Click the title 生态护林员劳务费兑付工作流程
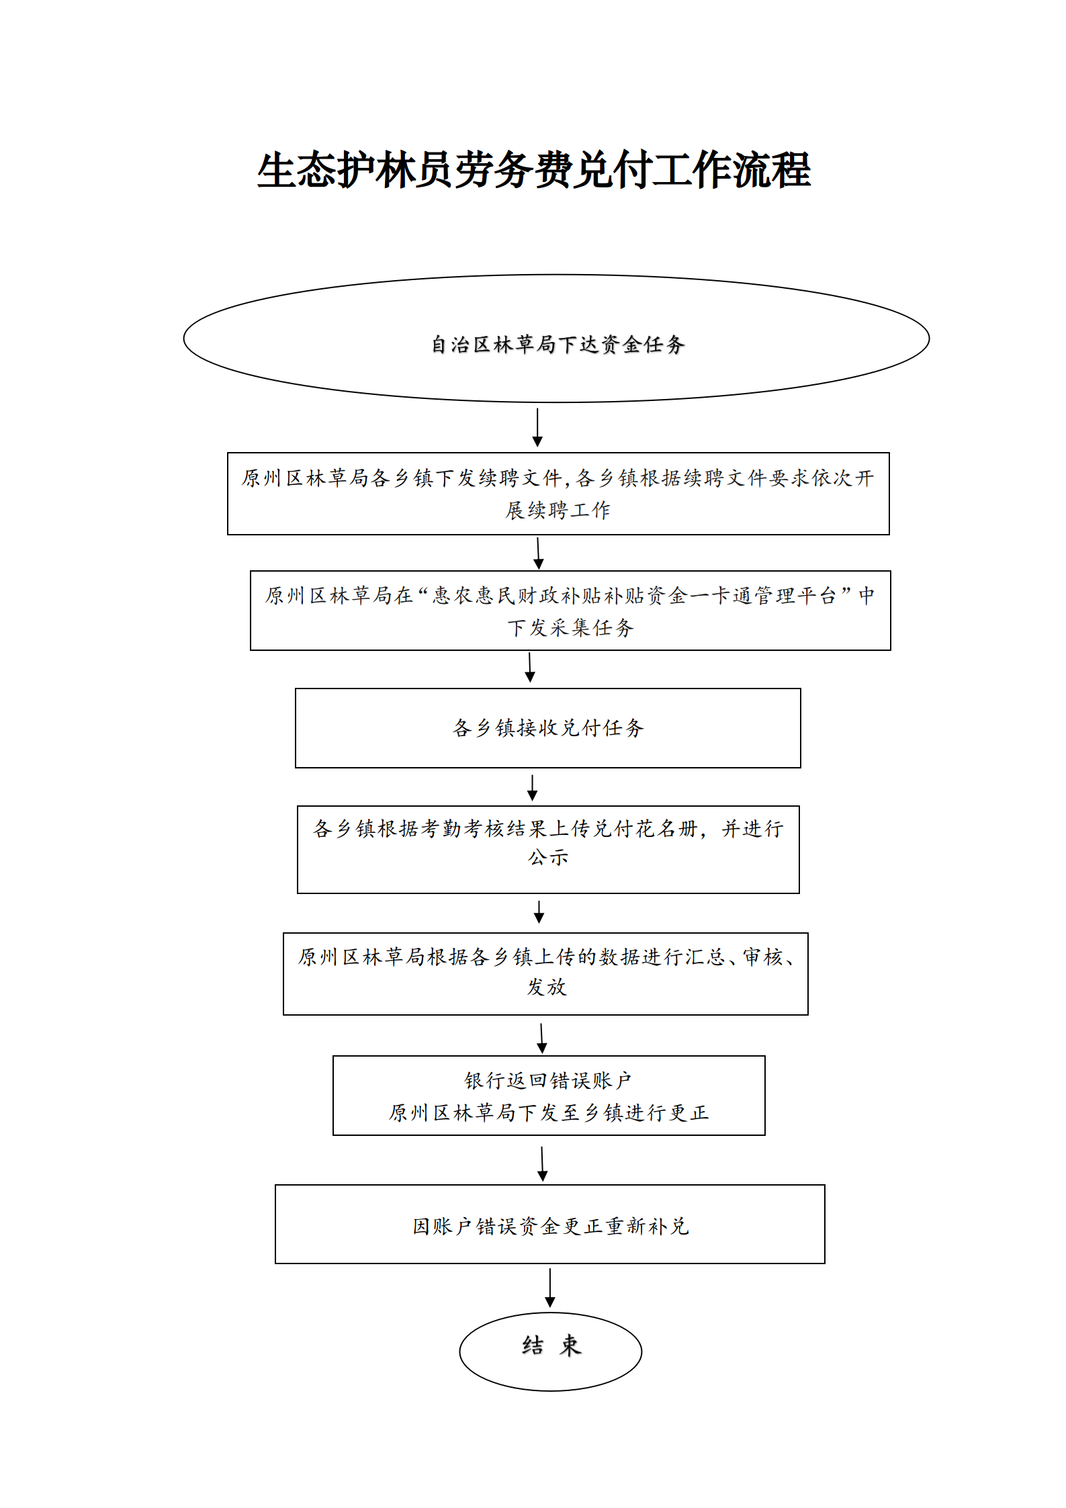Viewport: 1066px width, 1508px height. [x=534, y=170]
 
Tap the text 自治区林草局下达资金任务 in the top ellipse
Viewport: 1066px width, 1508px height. [x=558, y=345]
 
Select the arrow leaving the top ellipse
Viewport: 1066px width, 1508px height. [x=537, y=427]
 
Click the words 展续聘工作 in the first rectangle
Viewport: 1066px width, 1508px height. [x=558, y=510]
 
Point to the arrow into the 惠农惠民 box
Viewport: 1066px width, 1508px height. [x=538, y=553]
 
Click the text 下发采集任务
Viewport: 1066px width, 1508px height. [x=570, y=627]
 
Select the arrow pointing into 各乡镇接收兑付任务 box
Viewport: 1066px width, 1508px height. [x=530, y=668]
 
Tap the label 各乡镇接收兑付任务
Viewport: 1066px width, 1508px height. [x=548, y=727]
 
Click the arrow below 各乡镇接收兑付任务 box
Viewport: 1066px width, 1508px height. [x=532, y=788]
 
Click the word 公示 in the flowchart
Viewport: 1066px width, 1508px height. [x=548, y=858]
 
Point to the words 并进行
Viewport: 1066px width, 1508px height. [x=752, y=829]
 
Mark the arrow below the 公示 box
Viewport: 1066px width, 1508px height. [x=539, y=912]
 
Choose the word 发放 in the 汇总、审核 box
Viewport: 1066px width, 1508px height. [x=546, y=987]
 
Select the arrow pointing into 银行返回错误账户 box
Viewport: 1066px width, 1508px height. [x=542, y=1039]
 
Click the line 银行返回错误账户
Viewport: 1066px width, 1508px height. [x=548, y=1080]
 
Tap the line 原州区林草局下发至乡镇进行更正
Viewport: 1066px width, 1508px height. [x=548, y=1112]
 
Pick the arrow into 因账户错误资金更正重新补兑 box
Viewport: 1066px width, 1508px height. [x=543, y=1164]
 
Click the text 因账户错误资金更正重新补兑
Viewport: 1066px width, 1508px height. [x=551, y=1227]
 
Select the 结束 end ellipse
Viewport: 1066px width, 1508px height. [x=551, y=1351]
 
